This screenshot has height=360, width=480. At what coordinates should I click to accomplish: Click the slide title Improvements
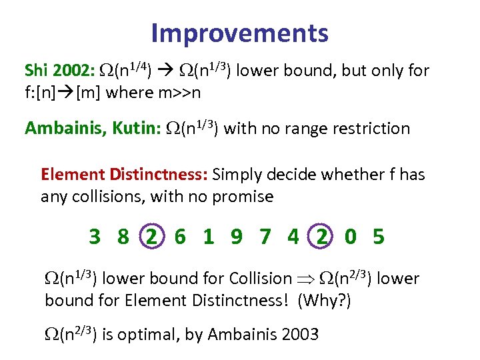tap(239, 33)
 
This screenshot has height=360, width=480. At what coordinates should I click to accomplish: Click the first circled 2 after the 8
tap(152, 237)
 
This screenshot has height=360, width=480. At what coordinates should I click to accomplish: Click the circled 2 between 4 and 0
tap(322, 237)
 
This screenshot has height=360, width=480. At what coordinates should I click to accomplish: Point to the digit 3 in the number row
tap(95, 237)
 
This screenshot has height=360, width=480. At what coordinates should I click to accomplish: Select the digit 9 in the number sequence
tap(237, 237)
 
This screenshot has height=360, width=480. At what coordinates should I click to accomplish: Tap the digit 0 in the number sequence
tap(351, 237)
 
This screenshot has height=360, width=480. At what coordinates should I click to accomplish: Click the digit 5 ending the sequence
tap(379, 237)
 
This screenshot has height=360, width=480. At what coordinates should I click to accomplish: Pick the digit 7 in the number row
tap(265, 237)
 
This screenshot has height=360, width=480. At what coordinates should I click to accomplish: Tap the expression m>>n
tap(179, 93)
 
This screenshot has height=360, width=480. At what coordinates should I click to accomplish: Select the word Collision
tap(260, 279)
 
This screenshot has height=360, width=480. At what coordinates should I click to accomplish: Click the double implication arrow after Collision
tap(305, 279)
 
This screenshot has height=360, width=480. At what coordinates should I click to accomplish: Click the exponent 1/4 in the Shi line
tap(139, 65)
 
